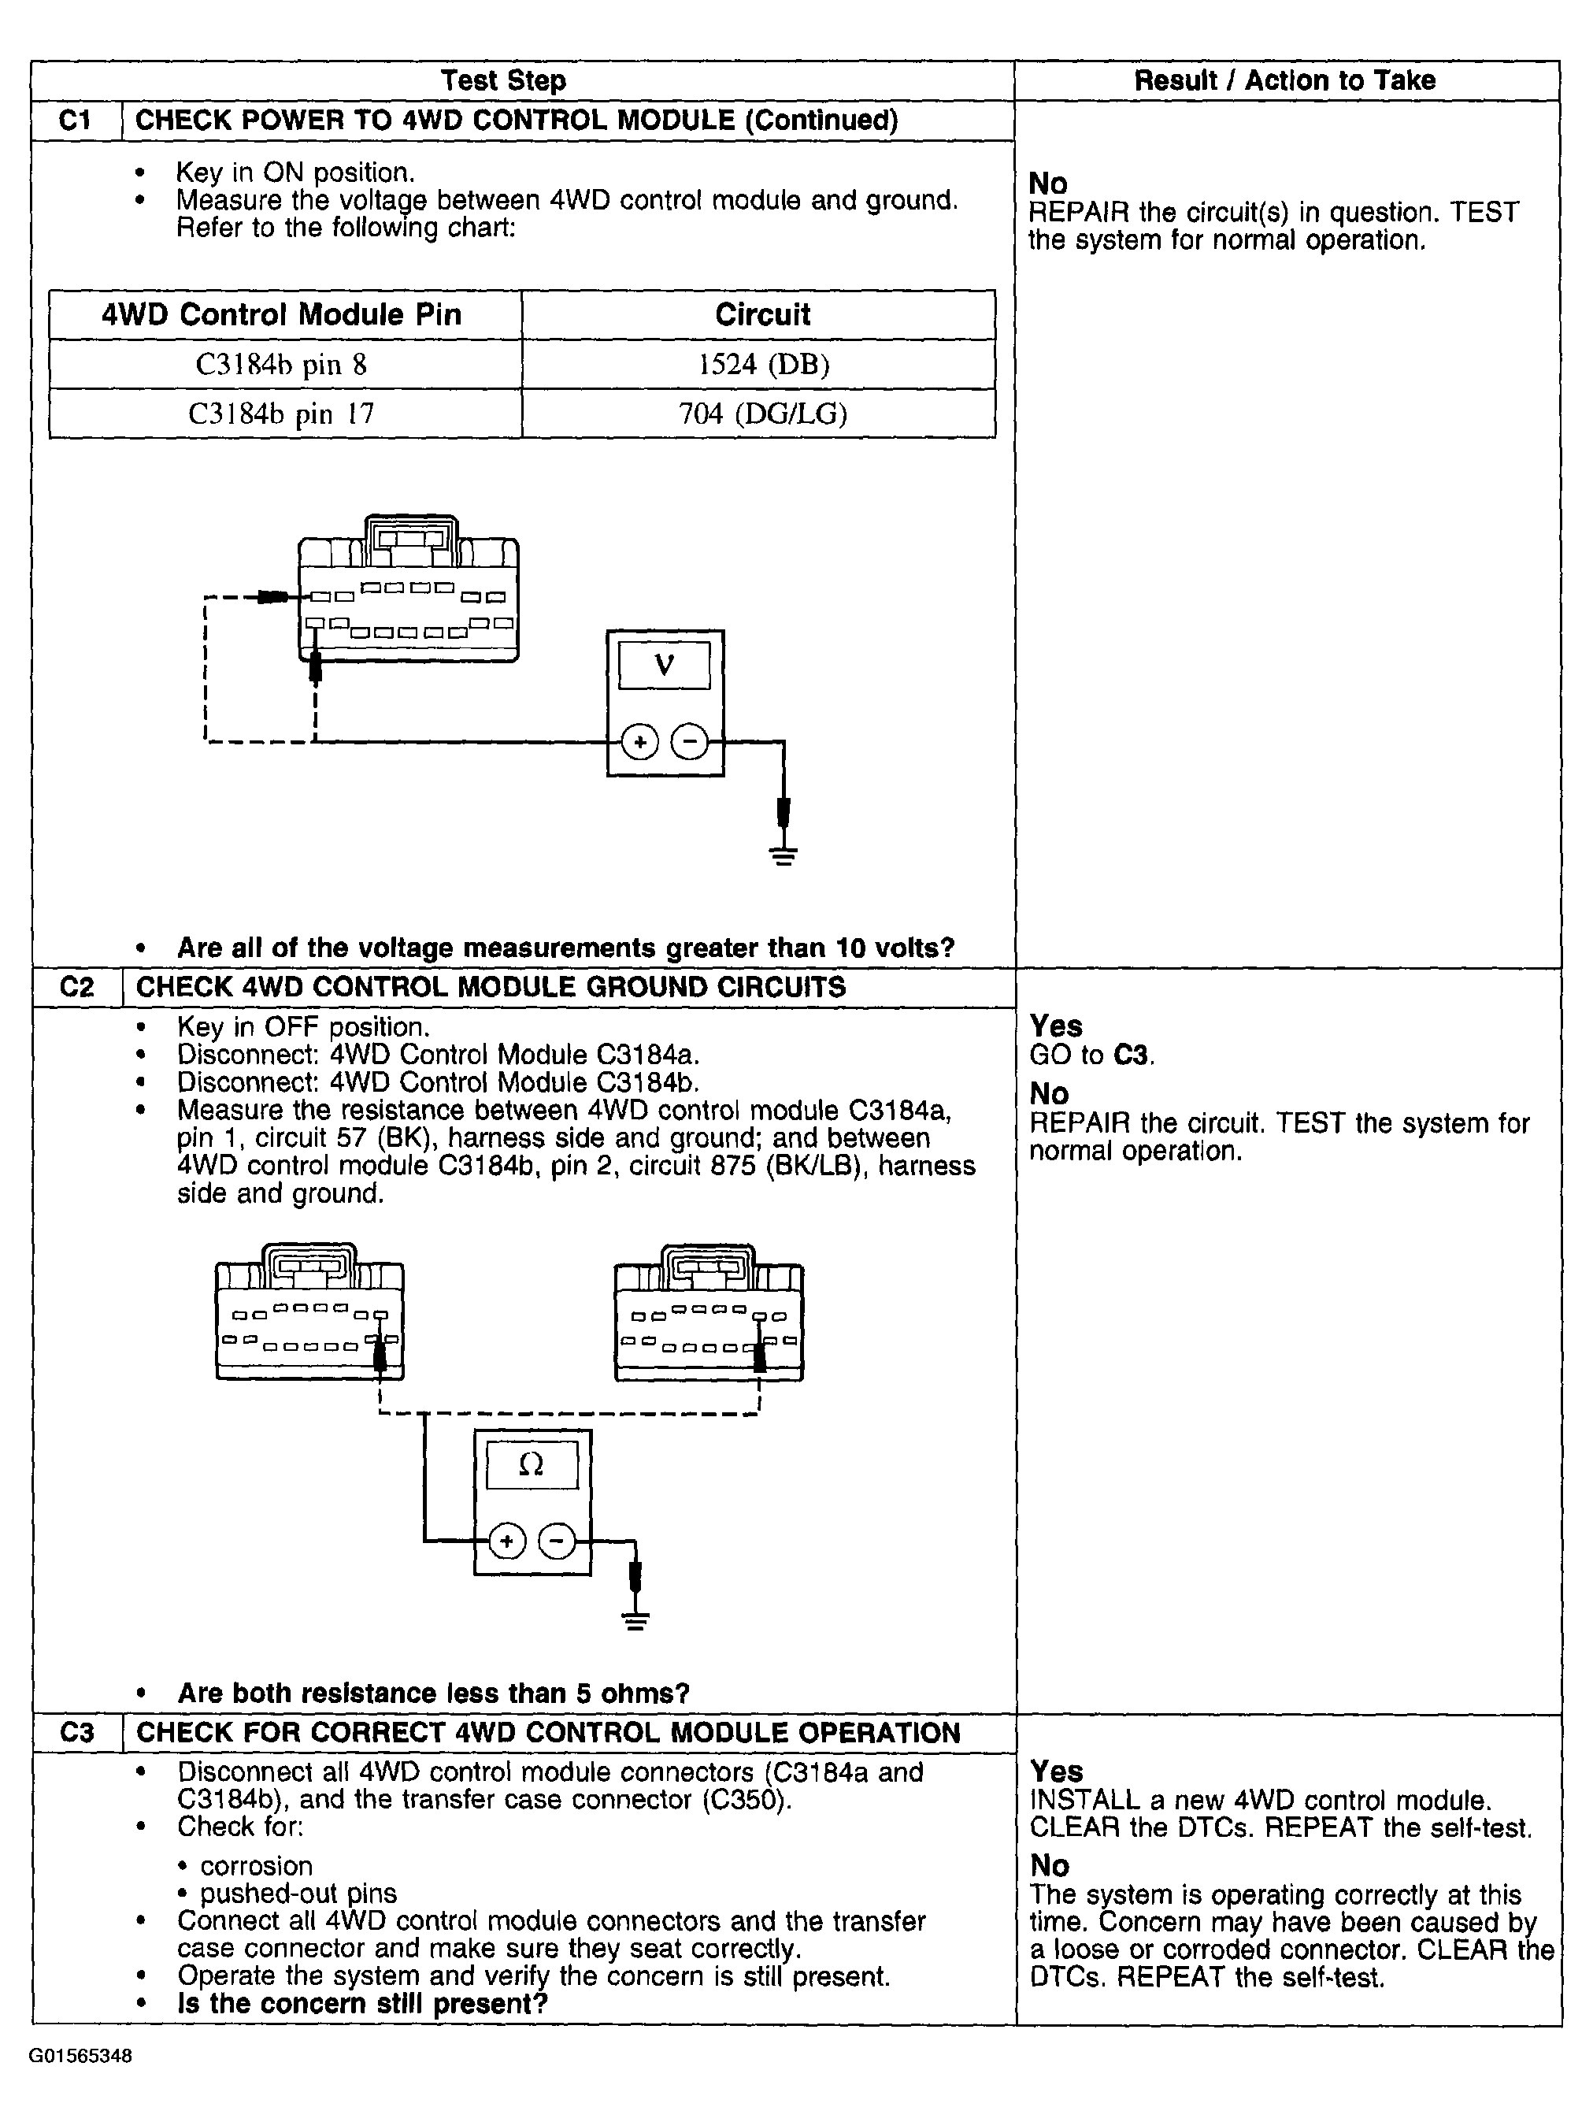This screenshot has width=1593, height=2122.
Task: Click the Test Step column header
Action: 502,80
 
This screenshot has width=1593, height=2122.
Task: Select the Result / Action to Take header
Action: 1284,80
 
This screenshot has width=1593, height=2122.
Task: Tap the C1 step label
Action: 76,121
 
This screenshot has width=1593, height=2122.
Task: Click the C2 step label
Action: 76,987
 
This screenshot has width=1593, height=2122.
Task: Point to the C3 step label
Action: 76,1733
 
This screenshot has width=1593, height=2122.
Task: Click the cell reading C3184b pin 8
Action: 281,365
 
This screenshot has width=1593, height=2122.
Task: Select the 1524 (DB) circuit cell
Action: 762,365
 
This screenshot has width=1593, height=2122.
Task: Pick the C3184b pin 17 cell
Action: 281,414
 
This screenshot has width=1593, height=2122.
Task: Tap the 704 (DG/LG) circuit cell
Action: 762,414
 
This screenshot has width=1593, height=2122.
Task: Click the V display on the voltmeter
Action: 664,665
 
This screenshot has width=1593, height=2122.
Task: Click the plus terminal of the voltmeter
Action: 639,741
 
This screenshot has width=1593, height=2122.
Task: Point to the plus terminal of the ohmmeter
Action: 507,1541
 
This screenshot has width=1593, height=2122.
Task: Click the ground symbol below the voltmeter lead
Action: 784,855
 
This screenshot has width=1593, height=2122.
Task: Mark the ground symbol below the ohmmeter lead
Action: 635,1622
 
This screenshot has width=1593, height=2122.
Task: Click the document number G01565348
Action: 80,2056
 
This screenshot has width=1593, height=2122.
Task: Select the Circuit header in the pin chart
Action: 762,314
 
